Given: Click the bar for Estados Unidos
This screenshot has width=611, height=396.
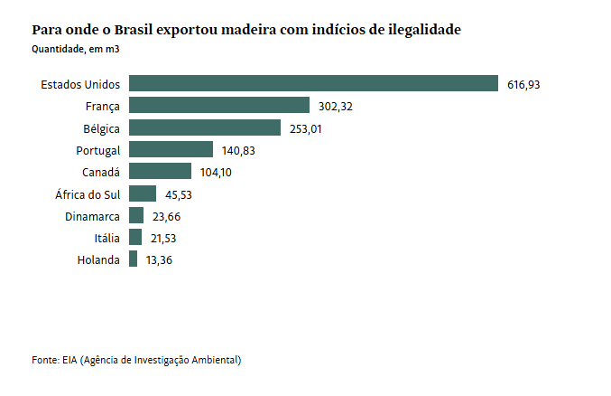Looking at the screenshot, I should (x=313, y=84).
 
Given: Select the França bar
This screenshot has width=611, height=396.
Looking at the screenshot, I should (x=219, y=106).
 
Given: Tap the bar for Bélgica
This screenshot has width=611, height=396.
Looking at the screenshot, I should (x=205, y=127).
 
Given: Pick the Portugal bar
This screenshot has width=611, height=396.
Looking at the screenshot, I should (x=171, y=149).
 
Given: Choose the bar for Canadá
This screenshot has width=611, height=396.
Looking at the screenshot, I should (x=161, y=171).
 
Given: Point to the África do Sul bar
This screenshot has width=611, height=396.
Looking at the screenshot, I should (x=143, y=193).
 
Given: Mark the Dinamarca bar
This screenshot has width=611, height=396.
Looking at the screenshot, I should (x=136, y=215).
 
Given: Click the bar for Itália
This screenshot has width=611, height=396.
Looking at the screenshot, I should (x=135, y=237).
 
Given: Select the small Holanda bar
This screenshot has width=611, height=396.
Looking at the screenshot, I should (x=134, y=259).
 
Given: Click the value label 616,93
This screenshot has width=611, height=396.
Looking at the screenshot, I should (x=523, y=85).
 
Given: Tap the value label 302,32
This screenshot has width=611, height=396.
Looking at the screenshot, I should (x=335, y=107).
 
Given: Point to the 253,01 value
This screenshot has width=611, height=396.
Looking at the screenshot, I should (x=306, y=128).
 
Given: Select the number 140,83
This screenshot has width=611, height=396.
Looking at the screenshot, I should (x=238, y=150).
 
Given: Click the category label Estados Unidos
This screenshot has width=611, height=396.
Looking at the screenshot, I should (x=80, y=85).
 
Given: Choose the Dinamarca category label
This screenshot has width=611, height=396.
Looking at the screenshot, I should (x=92, y=216).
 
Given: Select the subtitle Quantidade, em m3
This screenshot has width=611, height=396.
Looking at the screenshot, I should (x=76, y=49).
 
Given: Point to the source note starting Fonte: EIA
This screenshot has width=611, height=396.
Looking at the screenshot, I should (x=136, y=360).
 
